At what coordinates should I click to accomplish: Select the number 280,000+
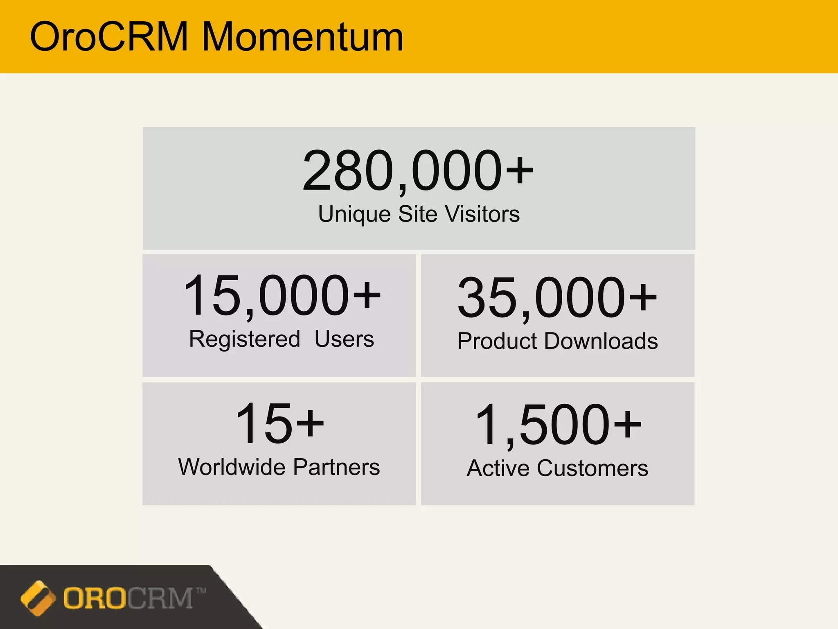[418, 171]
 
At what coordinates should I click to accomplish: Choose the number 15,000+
[282, 296]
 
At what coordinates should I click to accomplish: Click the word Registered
[244, 339]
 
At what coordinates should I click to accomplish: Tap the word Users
[344, 339]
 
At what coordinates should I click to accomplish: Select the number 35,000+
[557, 298]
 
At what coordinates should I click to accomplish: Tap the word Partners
[336, 467]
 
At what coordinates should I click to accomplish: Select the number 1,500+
[558, 425]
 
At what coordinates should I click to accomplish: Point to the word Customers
[592, 468]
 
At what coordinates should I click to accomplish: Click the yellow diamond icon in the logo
[38, 598]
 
